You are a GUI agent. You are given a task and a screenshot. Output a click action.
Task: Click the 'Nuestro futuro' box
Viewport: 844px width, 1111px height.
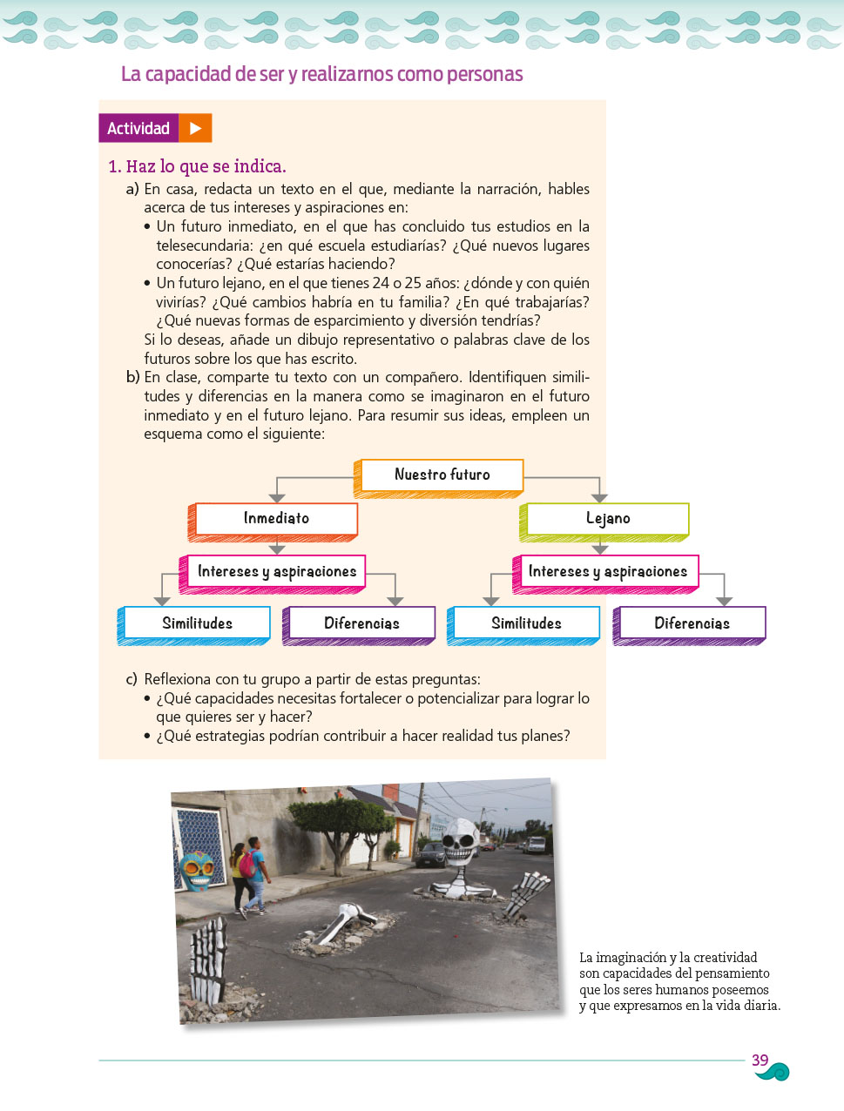(x=442, y=475)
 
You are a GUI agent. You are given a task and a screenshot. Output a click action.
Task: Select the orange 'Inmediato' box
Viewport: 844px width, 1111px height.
(x=276, y=519)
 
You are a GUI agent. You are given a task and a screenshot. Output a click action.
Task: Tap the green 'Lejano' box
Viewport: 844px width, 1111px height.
(x=607, y=519)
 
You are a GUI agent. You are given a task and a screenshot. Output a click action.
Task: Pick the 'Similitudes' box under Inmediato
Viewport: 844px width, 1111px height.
(x=197, y=623)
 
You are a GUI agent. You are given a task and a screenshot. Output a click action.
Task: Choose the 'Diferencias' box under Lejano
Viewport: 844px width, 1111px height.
(x=692, y=623)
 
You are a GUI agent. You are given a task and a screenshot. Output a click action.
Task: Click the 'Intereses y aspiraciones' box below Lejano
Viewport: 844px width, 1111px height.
(x=607, y=572)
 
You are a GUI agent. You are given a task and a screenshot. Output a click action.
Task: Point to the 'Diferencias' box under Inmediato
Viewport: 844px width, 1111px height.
(x=361, y=623)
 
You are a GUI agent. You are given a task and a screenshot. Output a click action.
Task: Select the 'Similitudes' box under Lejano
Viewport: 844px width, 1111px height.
(x=526, y=623)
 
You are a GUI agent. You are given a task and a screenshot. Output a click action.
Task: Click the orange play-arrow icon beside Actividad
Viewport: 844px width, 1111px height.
(x=195, y=128)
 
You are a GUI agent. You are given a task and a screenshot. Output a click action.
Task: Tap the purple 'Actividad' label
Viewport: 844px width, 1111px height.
(x=138, y=128)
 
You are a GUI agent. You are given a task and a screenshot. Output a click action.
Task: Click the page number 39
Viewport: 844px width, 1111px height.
(x=760, y=1060)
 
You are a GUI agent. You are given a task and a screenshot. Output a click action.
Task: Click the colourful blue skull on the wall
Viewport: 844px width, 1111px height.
(x=196, y=870)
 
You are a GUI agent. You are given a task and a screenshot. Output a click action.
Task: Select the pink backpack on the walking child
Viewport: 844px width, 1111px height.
(x=247, y=864)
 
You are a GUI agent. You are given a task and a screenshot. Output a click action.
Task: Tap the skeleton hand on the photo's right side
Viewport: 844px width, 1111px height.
(x=529, y=893)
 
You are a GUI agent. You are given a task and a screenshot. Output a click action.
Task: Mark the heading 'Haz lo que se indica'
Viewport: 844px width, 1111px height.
(x=206, y=166)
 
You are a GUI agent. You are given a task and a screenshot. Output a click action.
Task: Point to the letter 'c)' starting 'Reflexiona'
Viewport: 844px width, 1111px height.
(x=132, y=679)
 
